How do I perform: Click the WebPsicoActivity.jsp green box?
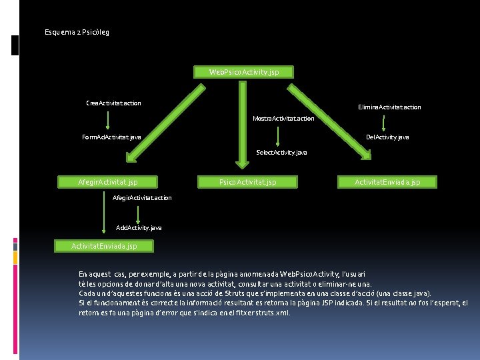(x=243, y=71)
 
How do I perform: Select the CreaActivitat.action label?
(x=113, y=103)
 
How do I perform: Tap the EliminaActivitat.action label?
(x=389, y=107)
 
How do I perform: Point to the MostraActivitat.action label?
(x=283, y=119)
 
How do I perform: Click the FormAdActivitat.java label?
(x=111, y=137)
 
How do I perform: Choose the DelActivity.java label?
(x=387, y=137)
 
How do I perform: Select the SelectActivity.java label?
(x=282, y=153)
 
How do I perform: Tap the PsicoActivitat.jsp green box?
(x=248, y=181)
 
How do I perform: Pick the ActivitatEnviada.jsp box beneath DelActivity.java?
(x=387, y=181)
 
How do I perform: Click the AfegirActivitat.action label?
(x=142, y=198)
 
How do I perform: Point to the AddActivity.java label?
(x=139, y=228)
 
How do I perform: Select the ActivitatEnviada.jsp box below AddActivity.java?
(x=104, y=246)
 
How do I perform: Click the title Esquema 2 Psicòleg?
(x=77, y=32)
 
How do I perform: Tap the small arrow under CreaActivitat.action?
(x=109, y=120)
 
